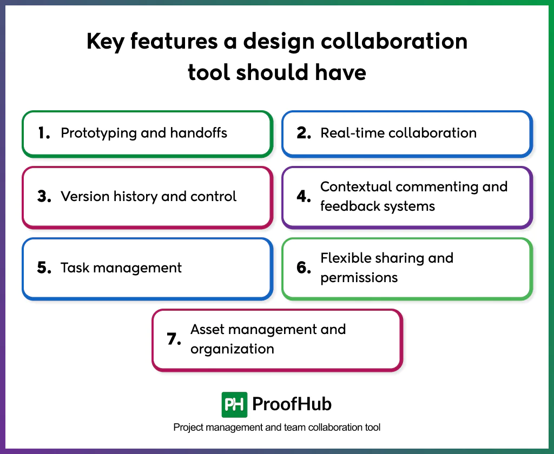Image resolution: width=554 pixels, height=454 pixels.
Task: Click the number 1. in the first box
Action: (44, 133)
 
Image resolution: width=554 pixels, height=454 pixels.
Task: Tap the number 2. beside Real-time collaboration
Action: (304, 133)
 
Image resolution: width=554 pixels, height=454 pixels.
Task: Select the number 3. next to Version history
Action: (44, 197)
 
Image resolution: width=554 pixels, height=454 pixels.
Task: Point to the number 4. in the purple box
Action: (304, 197)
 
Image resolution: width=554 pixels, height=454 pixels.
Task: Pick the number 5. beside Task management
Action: (44, 268)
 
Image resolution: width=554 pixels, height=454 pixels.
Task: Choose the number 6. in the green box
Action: (304, 268)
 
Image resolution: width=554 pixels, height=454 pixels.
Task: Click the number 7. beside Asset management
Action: (174, 339)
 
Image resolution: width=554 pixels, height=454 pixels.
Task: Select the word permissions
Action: (359, 278)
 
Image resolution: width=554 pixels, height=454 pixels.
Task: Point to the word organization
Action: (232, 349)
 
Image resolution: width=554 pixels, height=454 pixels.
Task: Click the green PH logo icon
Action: (234, 404)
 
